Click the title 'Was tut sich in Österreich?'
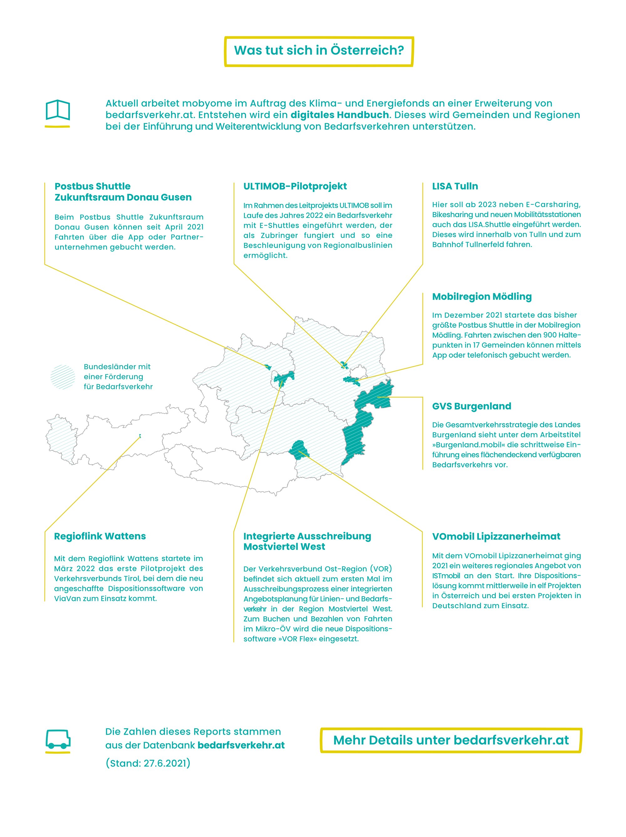point(319,50)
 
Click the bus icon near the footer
point(58,739)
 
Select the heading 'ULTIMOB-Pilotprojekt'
point(295,186)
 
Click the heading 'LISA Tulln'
point(455,186)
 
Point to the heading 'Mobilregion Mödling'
point(481,297)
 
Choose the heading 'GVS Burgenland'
point(471,406)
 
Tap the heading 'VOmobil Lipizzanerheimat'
point(496,536)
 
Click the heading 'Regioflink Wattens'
point(100,536)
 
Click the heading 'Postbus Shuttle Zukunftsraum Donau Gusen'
point(123,191)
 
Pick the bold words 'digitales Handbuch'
point(340,115)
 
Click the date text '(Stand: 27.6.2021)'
point(148,763)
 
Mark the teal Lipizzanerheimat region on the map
point(299,450)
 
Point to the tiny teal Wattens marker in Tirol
point(140,436)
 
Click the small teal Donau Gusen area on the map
point(268,367)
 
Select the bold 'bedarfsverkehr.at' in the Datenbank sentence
point(241,745)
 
